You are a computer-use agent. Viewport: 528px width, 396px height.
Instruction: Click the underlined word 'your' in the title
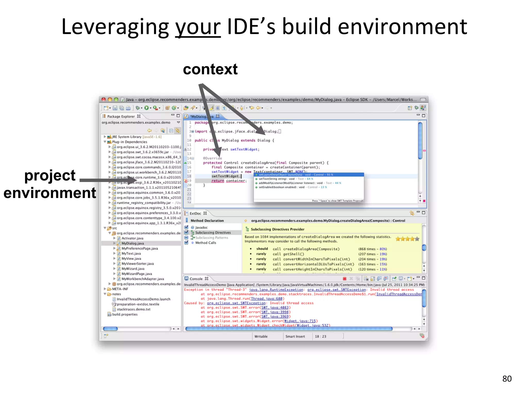198,27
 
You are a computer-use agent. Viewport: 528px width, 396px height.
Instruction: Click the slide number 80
507,378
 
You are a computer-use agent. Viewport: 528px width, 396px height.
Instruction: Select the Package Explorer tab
121,116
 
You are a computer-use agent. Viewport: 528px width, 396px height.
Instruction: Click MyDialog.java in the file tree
133,243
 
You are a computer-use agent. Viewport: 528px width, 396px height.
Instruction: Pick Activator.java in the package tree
132,238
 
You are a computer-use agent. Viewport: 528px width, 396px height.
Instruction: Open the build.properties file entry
125,314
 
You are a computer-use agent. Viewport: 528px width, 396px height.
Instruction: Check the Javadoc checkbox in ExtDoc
186,227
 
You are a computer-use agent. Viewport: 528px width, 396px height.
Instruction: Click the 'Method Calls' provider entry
205,243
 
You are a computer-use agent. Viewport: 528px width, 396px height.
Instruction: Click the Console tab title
196,279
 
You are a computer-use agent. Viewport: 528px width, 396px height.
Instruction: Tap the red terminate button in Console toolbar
344,279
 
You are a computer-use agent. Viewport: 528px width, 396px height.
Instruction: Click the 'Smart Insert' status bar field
295,336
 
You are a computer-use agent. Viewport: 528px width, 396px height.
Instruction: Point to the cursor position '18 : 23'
320,336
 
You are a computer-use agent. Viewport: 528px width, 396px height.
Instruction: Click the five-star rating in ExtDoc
407,239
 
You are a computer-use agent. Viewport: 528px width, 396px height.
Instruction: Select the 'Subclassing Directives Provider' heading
277,229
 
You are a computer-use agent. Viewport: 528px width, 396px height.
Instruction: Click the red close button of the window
104,100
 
